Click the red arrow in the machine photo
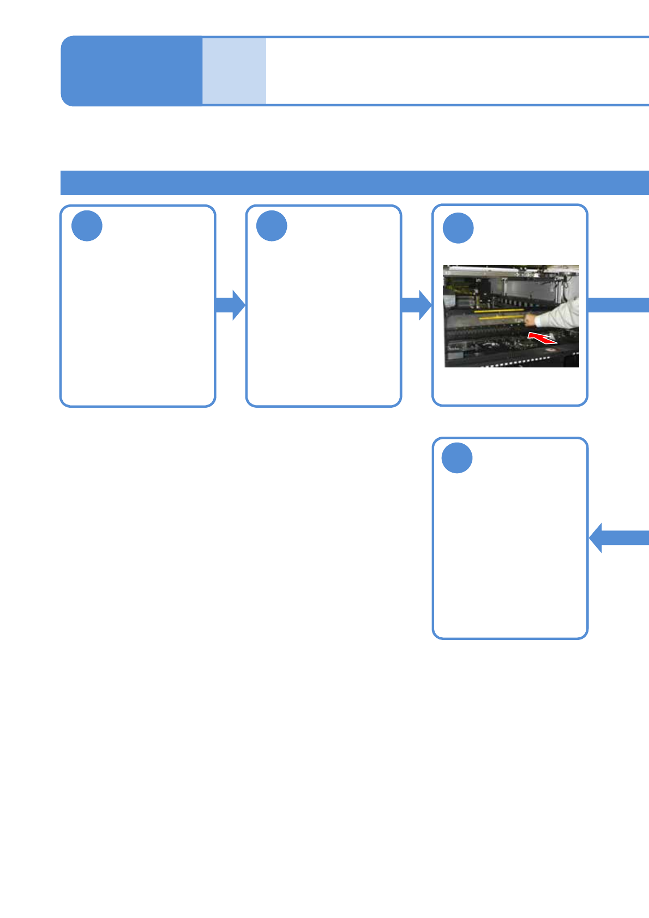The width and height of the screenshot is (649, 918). click(542, 337)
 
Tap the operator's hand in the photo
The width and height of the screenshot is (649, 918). click(530, 319)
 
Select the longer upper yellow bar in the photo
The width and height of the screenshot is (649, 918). click(498, 311)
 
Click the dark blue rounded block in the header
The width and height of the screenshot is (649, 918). click(131, 71)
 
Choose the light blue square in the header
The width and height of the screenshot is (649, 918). click(234, 71)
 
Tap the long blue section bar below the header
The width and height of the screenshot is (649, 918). click(354, 183)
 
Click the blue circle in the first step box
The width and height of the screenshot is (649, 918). click(87, 226)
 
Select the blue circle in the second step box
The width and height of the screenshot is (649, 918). click(272, 226)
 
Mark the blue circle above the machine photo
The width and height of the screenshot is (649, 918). click(458, 228)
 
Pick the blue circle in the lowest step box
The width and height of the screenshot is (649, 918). click(456, 458)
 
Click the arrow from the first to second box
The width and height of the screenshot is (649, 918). click(230, 305)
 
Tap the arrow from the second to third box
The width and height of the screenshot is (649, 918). click(416, 305)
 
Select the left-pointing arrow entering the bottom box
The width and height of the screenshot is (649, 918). click(616, 537)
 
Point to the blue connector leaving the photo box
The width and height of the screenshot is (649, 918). click(618, 305)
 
